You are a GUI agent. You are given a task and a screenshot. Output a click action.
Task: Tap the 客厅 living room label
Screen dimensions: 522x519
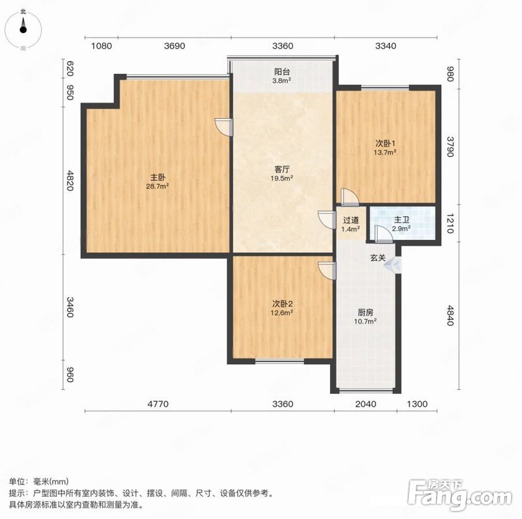coord(282,170)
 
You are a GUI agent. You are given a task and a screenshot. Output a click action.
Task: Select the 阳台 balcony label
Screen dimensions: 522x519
coord(282,72)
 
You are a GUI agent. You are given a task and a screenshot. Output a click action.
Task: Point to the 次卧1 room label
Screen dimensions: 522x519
coord(385,144)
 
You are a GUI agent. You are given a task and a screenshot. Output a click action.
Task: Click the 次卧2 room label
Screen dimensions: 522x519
coord(282,304)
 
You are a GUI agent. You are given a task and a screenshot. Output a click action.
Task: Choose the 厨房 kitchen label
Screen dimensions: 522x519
coord(365,313)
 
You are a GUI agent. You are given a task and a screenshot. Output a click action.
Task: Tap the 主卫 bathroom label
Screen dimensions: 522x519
coord(401,220)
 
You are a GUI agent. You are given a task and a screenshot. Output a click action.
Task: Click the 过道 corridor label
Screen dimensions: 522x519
coord(351,220)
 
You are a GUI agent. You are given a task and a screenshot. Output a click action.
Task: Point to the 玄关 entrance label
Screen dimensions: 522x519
coord(378,258)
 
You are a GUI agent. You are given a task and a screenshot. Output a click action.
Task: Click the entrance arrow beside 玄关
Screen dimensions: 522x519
coord(392,265)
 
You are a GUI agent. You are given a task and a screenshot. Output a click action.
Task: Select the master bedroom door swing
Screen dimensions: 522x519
coord(223,127)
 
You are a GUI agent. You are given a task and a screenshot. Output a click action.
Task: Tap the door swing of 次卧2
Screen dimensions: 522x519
coord(327,270)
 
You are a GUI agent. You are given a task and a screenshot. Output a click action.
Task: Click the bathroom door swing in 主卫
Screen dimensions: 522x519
coord(383,233)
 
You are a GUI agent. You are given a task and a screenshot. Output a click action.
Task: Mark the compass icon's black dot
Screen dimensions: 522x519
coord(23,29)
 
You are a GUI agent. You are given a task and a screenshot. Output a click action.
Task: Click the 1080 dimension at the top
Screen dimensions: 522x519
coord(102,46)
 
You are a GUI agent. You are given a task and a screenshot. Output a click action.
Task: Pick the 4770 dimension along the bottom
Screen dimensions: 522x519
coord(158,404)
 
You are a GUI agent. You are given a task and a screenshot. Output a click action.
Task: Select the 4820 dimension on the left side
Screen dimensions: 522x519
coord(70,180)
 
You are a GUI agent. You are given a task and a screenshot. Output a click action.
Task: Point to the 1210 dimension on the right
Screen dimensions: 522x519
coord(450,223)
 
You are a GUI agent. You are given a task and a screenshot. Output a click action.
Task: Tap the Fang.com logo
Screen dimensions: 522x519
coord(459,494)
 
